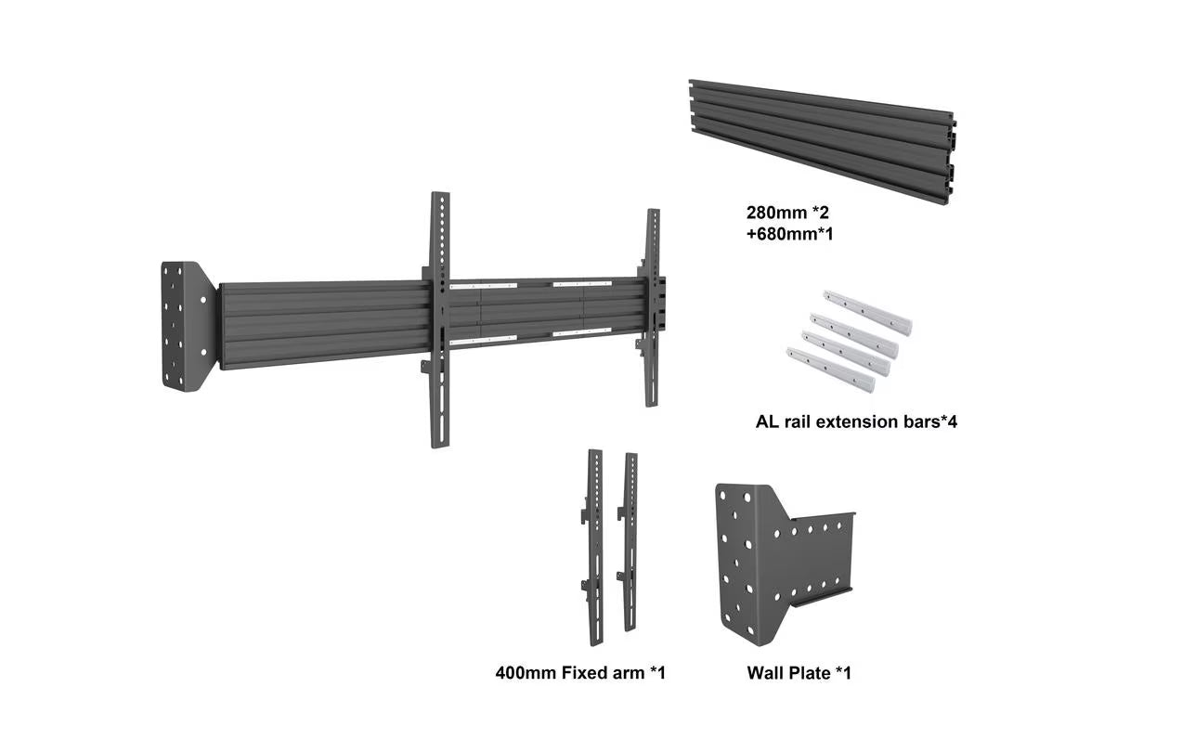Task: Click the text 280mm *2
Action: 787,213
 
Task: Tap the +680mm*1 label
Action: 789,234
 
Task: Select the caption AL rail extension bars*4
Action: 856,421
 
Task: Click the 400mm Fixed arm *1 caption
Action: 580,673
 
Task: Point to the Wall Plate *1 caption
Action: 799,673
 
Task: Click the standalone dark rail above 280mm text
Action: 822,142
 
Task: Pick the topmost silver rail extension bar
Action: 867,313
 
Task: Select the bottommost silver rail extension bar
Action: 831,370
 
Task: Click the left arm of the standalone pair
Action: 593,547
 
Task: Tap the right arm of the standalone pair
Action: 629,542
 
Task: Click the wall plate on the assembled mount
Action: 188,326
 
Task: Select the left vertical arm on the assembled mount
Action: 439,320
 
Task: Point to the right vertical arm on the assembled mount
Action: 652,307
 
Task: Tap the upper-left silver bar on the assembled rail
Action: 484,286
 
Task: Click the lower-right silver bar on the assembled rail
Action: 582,332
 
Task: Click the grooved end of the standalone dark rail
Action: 951,159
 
